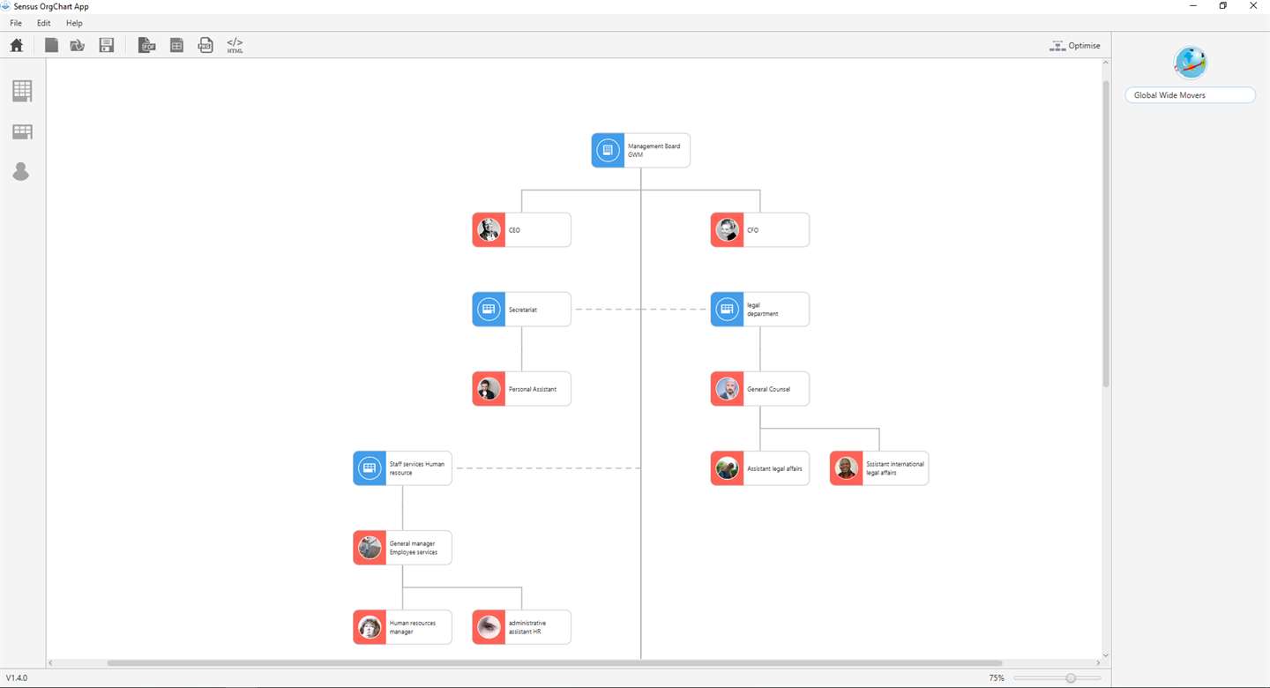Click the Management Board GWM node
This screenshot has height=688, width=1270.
[x=640, y=150]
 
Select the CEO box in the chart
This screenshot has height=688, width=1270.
[x=521, y=229]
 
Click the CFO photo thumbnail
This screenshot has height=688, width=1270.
[x=727, y=229]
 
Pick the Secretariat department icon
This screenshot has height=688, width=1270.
[x=489, y=309]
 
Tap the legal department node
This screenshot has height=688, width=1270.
[x=759, y=309]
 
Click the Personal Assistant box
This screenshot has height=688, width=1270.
[x=521, y=388]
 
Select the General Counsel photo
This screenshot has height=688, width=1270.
[x=727, y=388]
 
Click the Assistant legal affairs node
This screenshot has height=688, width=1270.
[x=759, y=468]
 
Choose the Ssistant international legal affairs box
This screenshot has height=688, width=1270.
[x=878, y=468]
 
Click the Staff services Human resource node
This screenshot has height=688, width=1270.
[x=402, y=468]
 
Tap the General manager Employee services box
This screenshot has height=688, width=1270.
[x=402, y=548]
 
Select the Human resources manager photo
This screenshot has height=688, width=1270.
[x=370, y=627]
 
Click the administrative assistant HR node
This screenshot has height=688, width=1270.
[x=521, y=627]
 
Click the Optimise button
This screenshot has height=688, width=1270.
[x=1074, y=45]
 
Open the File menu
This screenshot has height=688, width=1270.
[x=16, y=23]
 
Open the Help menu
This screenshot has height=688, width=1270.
[x=74, y=23]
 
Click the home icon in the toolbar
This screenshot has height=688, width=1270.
[x=17, y=45]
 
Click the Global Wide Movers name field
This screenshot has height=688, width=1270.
[x=1190, y=95]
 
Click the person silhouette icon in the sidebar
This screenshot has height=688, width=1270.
[x=21, y=171]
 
